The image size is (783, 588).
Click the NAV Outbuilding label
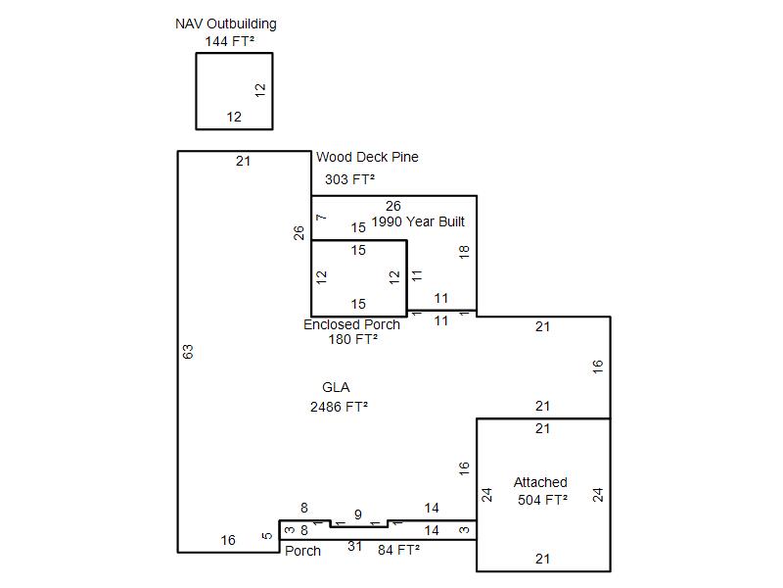pos(226,24)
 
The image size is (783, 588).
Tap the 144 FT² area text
pos(230,41)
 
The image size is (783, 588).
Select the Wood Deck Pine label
pos(367,157)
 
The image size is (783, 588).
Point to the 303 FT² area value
pos(349,179)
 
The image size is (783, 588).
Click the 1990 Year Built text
pos(418,221)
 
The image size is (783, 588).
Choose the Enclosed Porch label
pos(351,324)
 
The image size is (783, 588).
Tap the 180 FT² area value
pos(352,339)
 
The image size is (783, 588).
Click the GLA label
pos(336,387)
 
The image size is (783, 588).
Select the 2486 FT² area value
pos(339,407)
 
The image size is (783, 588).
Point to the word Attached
pos(540,482)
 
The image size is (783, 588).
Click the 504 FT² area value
pos(542,500)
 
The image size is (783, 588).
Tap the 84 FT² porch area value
pos(398,550)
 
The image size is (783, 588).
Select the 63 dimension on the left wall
pos(188,352)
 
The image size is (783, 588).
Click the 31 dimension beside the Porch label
pos(354,546)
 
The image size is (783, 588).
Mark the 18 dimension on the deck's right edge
pos(464,252)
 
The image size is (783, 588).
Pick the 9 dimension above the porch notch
pos(358,514)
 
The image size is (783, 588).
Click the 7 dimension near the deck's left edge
pos(321,217)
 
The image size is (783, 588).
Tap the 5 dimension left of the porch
pos(267,535)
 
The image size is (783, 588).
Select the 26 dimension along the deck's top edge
pos(393,206)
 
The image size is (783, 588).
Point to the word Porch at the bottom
pos(302,551)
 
